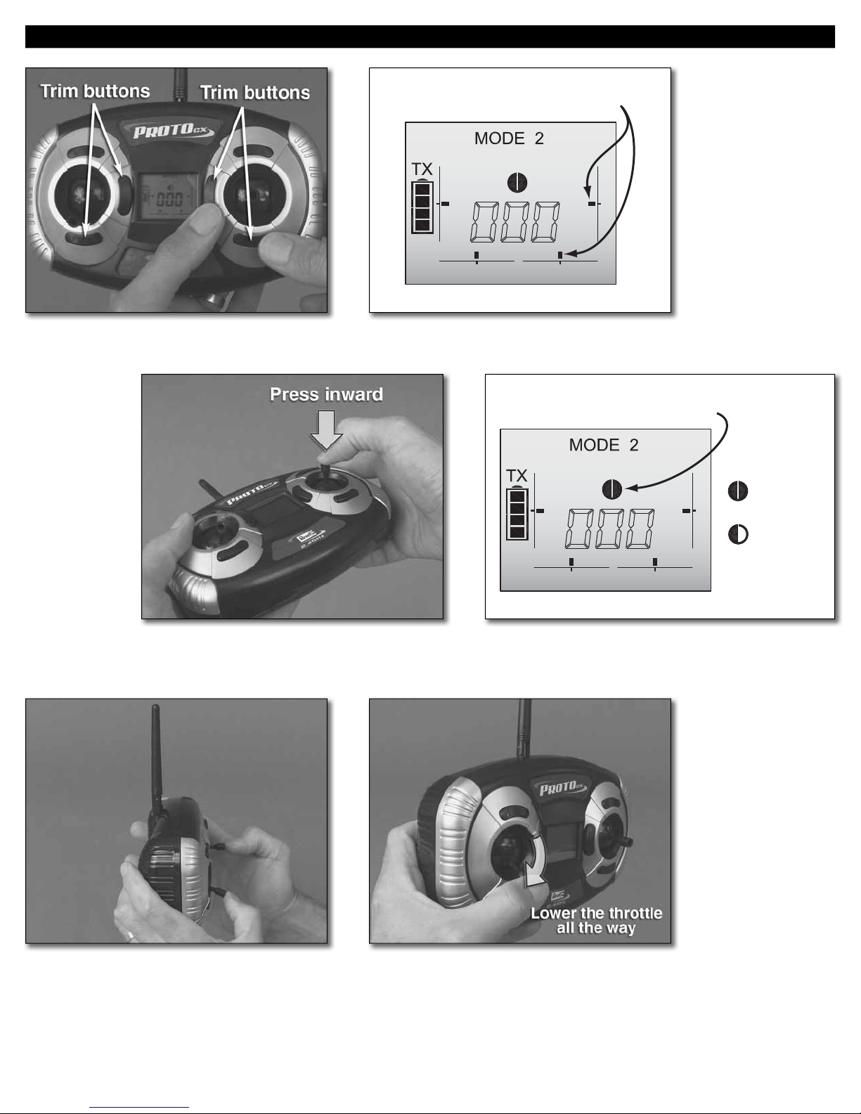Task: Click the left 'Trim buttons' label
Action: [x=96, y=91]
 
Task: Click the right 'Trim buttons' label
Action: [x=254, y=93]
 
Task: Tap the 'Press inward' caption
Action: [x=326, y=394]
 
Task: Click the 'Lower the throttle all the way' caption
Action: [x=596, y=920]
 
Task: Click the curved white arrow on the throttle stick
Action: [x=535, y=867]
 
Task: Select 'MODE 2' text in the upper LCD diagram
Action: [x=508, y=138]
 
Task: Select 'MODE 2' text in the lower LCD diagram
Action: [x=603, y=445]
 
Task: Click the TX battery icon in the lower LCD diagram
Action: [x=517, y=513]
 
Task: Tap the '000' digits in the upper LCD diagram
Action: [x=515, y=223]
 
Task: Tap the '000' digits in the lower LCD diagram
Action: [x=610, y=529]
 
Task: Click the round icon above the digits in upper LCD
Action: [x=517, y=183]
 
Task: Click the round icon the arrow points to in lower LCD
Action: [x=612, y=489]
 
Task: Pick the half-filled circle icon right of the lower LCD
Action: [x=738, y=535]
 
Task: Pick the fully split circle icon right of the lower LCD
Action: [x=738, y=491]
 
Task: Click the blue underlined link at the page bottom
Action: [x=139, y=1107]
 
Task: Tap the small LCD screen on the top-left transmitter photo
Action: [x=169, y=196]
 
